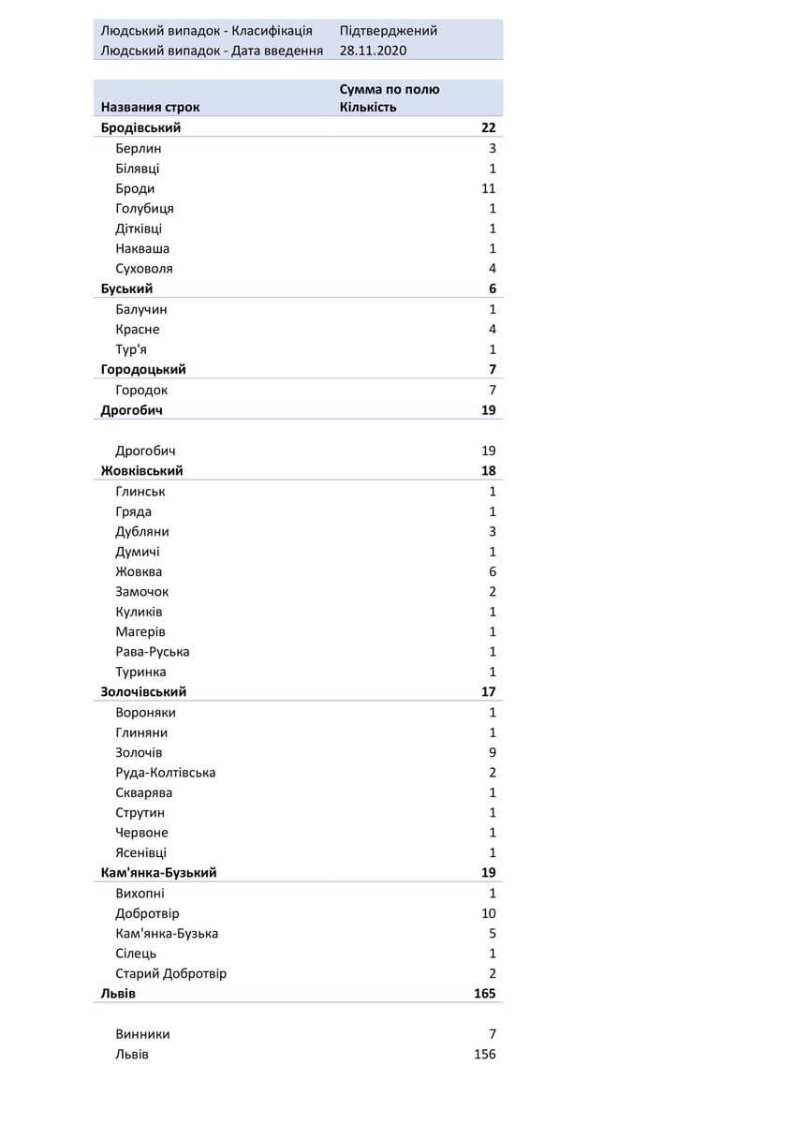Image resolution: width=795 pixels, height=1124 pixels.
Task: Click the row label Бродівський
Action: (140, 128)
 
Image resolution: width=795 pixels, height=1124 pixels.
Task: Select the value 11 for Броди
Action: (488, 188)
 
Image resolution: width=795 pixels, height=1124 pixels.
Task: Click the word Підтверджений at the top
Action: (388, 31)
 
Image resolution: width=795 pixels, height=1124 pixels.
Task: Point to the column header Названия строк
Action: (150, 107)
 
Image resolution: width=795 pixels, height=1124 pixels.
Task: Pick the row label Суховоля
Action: (144, 269)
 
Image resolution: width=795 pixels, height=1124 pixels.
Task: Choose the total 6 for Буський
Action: (492, 288)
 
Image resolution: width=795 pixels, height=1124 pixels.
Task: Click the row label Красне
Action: (138, 329)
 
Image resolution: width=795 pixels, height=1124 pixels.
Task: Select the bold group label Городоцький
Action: (143, 369)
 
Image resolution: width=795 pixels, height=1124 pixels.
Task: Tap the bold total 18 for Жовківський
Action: (488, 471)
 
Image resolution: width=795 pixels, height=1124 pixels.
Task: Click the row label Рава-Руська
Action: (153, 652)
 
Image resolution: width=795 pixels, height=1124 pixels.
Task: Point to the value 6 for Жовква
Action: (492, 571)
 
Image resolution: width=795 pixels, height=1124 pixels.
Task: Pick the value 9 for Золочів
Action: (492, 752)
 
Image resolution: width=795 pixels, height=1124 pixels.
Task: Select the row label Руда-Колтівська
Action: (166, 773)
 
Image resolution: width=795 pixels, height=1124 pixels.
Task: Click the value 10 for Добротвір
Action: (488, 913)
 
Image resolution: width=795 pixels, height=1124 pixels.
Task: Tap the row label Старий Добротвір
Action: (171, 973)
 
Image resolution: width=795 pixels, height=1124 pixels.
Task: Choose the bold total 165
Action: (484, 994)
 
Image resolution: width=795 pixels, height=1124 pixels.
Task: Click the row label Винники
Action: (143, 1034)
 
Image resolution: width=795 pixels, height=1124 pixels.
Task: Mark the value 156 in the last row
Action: (484, 1055)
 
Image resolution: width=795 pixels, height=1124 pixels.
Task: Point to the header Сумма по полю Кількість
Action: (390, 97)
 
